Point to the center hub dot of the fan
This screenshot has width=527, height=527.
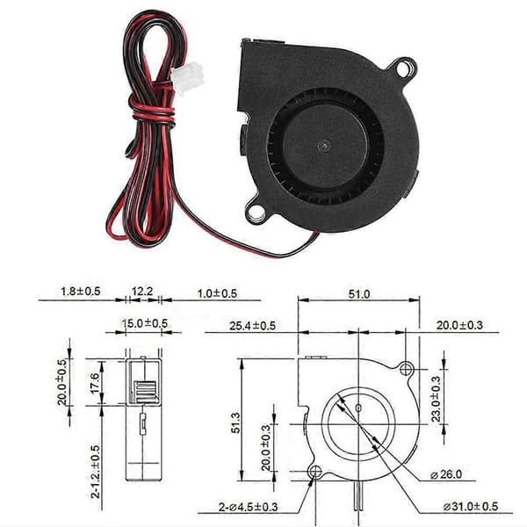click(x=325, y=146)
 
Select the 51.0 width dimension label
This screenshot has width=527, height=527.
click(x=359, y=294)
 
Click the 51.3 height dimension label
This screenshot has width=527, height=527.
click(x=236, y=422)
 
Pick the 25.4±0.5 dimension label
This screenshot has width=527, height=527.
click(x=252, y=325)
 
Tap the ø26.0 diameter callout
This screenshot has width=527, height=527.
click(x=446, y=474)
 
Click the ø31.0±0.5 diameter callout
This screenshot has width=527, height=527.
click(x=470, y=506)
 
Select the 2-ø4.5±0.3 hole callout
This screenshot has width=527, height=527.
click(x=248, y=507)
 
